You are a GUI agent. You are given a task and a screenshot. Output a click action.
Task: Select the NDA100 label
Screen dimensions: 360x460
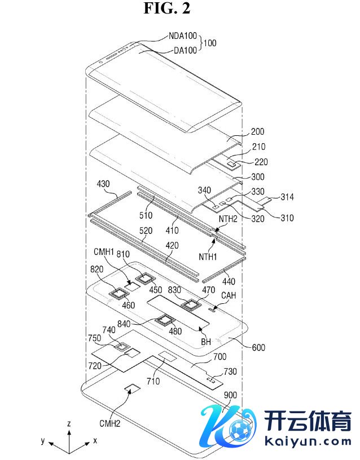[x=183, y=36]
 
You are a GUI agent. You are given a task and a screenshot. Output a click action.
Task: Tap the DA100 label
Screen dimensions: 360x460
[x=185, y=51]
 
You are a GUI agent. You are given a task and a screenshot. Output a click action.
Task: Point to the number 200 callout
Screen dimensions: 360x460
[x=257, y=131]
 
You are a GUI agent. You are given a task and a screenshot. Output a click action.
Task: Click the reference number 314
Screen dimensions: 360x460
[x=287, y=197]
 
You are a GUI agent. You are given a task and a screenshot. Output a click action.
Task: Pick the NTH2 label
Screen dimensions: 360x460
[x=228, y=219]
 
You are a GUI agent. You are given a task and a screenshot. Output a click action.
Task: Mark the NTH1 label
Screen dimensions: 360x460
[x=208, y=256]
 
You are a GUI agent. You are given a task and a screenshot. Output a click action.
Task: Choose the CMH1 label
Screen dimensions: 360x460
[x=104, y=252]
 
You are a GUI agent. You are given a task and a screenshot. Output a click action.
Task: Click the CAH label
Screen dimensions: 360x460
[x=229, y=295]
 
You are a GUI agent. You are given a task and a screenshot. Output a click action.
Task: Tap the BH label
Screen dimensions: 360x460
[x=206, y=342]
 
